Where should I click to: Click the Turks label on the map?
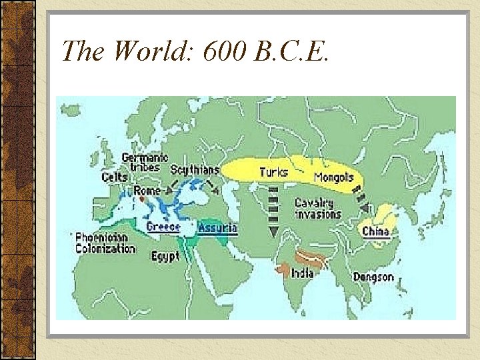coord(273,172)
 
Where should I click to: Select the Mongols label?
coord(333,178)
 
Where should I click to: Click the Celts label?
coord(115,177)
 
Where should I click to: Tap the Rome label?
coord(147,191)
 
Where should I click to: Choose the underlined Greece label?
coord(163,227)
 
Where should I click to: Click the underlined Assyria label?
coord(217,227)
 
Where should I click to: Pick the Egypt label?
coord(165,256)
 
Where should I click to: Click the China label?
coord(376,232)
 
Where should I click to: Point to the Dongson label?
coord(373,277)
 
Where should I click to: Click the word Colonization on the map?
coord(105,249)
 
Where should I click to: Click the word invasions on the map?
coord(318,214)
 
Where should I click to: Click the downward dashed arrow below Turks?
coord(273,210)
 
